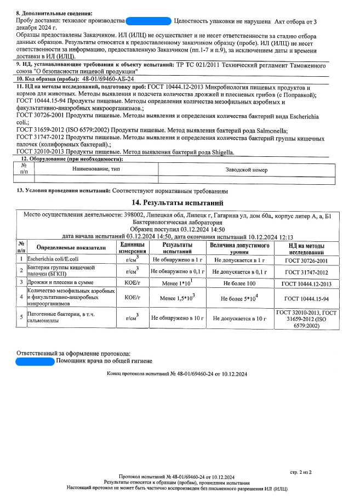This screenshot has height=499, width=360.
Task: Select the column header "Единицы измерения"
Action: pos(131,247)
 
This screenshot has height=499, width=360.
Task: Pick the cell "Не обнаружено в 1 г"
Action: pos(178,260)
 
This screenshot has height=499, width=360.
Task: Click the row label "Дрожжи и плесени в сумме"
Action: pos(56,284)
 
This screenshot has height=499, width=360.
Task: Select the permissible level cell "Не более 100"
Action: pos(239,284)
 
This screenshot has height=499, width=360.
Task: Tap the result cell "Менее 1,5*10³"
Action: pos(178,299)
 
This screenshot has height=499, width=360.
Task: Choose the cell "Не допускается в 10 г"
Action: pos(239,318)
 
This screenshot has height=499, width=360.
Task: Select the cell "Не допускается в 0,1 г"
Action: pos(239,271)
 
